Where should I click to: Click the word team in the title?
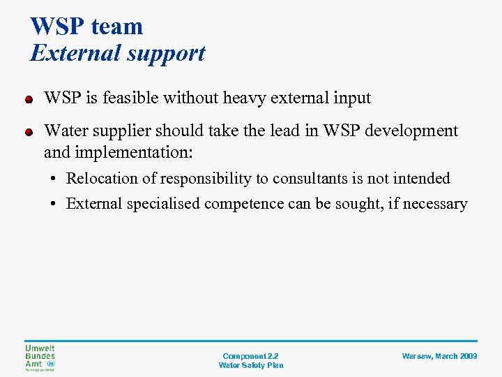[x=116, y=27]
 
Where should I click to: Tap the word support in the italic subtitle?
[x=162, y=53]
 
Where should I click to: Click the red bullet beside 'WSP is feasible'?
[x=29, y=99]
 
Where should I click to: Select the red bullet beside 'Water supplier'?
[x=29, y=131]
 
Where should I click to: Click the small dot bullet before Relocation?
[x=54, y=179]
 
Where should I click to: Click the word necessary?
[x=436, y=204]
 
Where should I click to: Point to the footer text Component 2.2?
[x=250, y=356]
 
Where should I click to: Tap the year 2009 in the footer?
[x=469, y=356]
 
